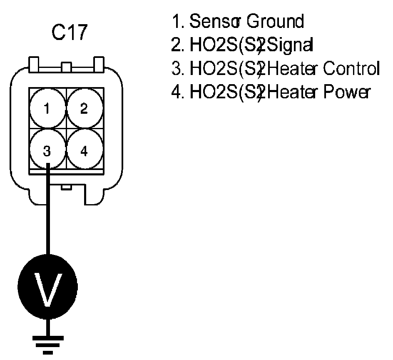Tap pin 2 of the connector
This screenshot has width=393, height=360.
click(84, 110)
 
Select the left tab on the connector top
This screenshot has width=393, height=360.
click(34, 64)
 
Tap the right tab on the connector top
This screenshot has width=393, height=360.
click(99, 64)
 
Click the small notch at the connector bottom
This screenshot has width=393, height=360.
click(66, 187)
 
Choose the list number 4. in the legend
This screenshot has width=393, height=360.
click(178, 91)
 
